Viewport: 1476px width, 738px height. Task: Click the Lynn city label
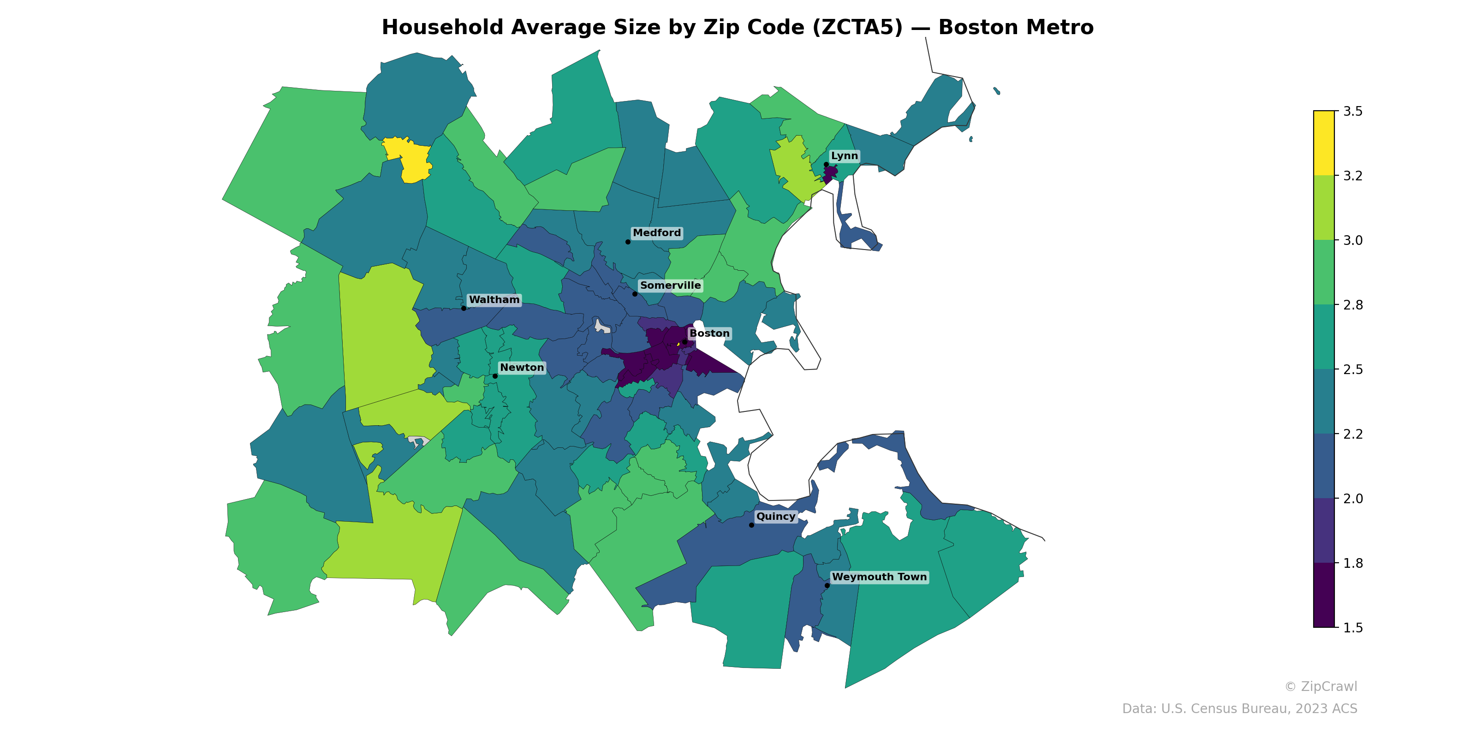coord(844,156)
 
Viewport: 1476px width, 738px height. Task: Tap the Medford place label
coord(657,232)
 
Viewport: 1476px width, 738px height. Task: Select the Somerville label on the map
coord(670,286)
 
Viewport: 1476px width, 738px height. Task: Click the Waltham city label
coord(494,300)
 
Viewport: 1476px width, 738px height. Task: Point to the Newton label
coord(521,367)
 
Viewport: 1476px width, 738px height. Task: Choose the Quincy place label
coord(775,516)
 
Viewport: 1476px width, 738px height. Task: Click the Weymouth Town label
coord(879,577)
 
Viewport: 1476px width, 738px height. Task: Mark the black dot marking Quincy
coord(752,525)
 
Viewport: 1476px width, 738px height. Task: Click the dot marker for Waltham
coord(464,308)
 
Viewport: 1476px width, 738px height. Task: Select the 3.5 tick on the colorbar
coord(1352,111)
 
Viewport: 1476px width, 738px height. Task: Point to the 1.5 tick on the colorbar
coord(1352,628)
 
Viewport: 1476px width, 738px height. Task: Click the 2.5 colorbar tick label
coord(1352,369)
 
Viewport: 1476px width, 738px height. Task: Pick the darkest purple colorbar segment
coord(1324,595)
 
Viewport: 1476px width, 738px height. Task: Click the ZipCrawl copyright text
coord(1321,686)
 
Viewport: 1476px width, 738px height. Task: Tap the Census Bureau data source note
coord(1239,709)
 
